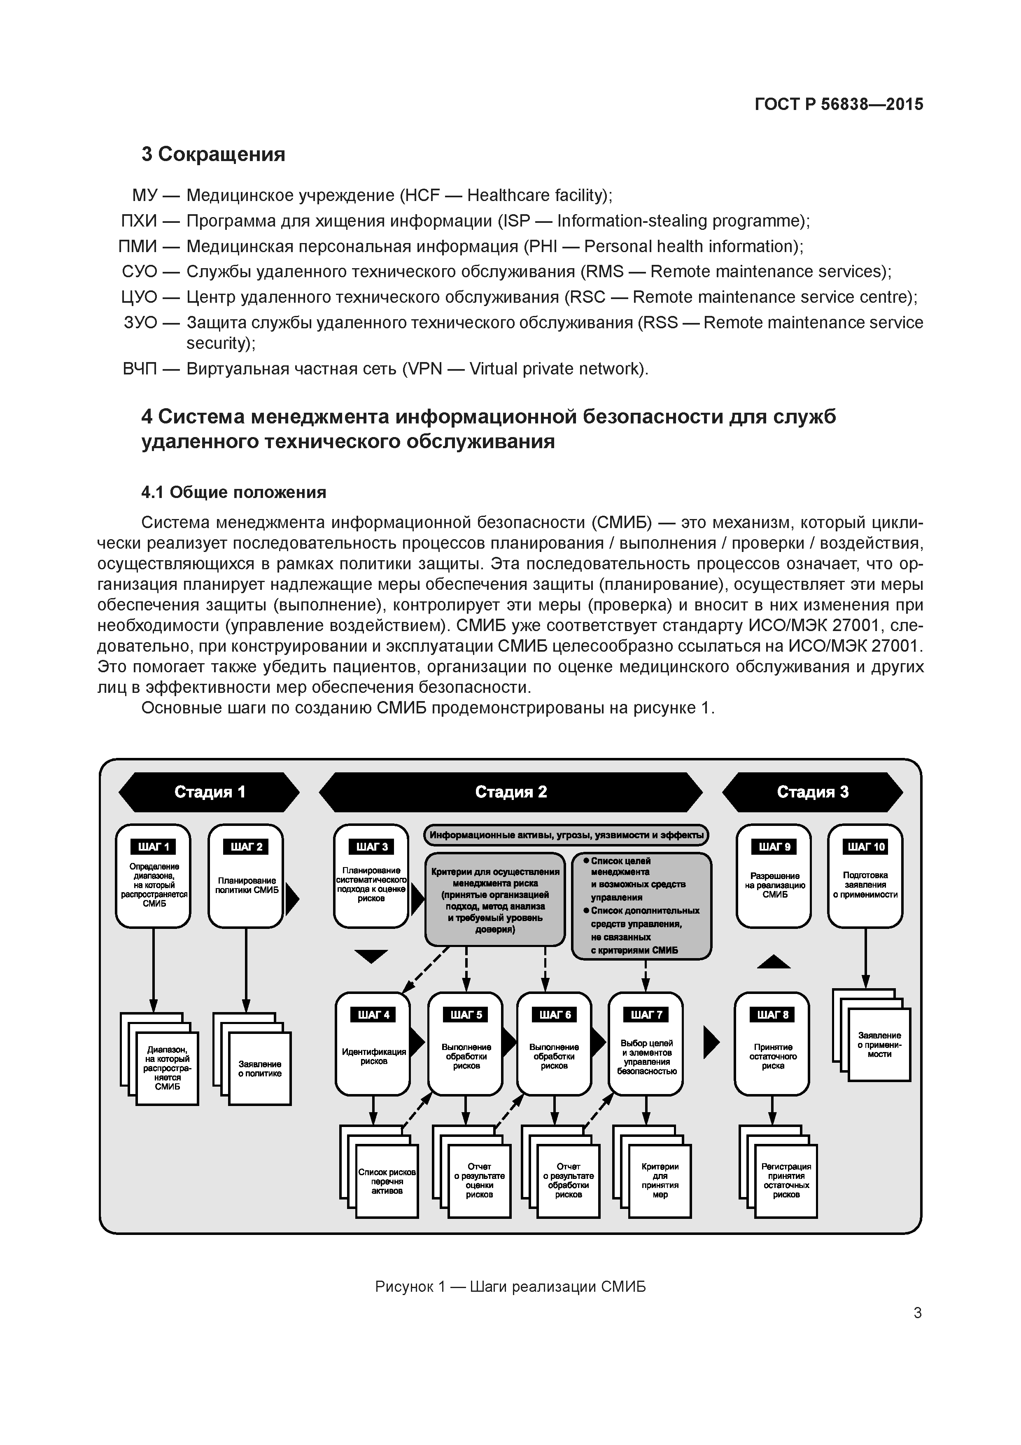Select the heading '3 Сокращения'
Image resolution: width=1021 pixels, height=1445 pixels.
click(213, 154)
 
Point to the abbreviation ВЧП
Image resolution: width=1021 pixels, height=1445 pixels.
click(140, 369)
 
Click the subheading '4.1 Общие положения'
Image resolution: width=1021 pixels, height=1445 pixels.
click(233, 492)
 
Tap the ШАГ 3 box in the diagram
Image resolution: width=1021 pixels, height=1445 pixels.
click(371, 876)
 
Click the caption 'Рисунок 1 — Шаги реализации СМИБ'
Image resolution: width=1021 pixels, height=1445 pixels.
click(510, 1286)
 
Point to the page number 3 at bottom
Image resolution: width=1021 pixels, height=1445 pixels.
click(917, 1313)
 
